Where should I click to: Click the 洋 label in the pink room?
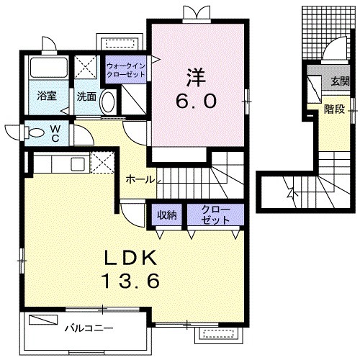[195, 76]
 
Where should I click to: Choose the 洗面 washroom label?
[87, 96]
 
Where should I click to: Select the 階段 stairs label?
[333, 109]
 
